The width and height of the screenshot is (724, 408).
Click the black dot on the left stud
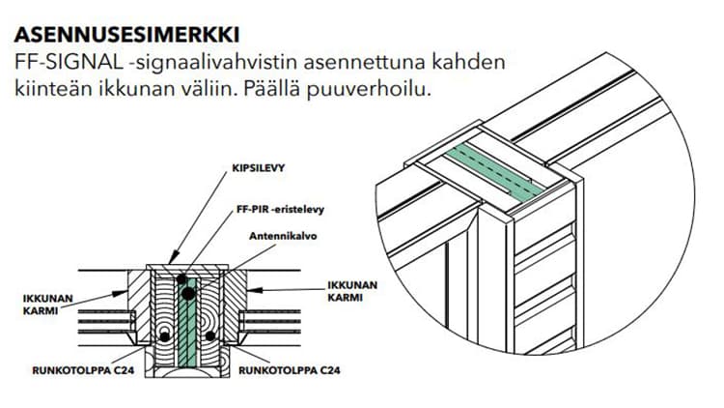(166, 335)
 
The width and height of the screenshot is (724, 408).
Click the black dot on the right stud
(210, 335)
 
